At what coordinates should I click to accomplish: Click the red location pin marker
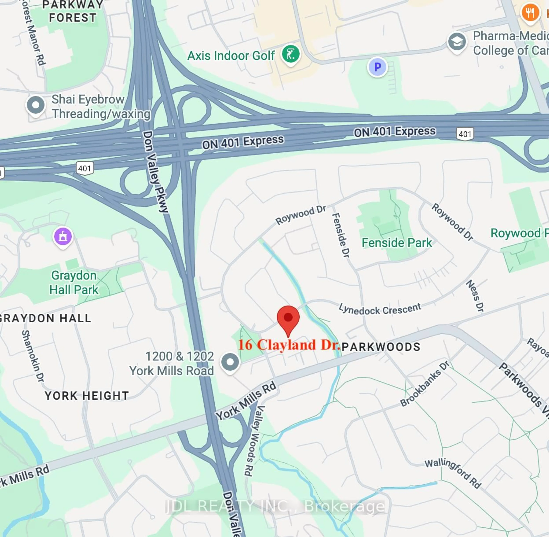[x=288, y=319]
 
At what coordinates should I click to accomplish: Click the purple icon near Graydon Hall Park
[x=63, y=236]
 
